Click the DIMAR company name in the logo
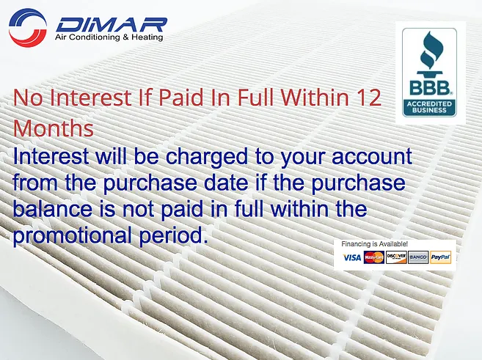111,23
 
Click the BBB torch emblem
429,56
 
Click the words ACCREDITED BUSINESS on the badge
429,108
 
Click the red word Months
54,128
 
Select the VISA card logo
352,257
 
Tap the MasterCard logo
374,257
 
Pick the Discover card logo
396,257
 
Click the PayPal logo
441,257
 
